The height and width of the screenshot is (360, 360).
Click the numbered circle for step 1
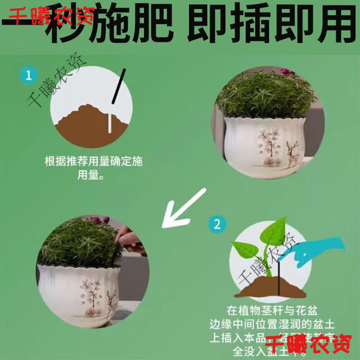pyautogui.click(x=28, y=75)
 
